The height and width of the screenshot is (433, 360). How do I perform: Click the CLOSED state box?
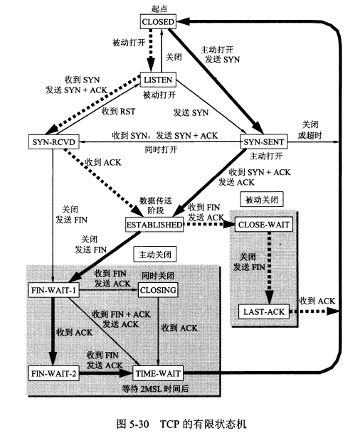(x=158, y=22)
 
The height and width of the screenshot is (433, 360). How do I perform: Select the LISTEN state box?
(x=158, y=80)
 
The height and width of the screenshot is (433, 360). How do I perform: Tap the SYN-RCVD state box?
(x=54, y=142)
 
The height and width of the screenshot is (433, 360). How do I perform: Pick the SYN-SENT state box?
(x=264, y=142)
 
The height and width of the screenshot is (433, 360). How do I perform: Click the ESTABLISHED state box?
(x=154, y=225)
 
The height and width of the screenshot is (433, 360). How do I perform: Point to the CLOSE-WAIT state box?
(x=263, y=225)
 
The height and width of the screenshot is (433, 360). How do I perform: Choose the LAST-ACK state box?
(x=264, y=311)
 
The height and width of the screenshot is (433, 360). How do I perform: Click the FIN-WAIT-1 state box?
(x=53, y=290)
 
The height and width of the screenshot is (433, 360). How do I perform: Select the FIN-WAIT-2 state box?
(x=53, y=373)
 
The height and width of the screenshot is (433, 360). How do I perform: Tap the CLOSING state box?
(x=158, y=290)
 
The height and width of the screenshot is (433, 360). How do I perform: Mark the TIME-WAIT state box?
(x=158, y=373)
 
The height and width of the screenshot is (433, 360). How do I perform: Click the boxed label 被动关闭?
(x=262, y=200)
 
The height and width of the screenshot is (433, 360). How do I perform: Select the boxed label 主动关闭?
(x=154, y=255)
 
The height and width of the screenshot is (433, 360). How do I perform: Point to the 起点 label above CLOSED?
(x=159, y=9)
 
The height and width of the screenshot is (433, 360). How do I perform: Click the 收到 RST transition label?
(x=119, y=112)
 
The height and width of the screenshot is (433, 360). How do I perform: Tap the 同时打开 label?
(x=161, y=150)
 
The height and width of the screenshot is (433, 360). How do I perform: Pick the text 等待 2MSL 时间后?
(x=155, y=389)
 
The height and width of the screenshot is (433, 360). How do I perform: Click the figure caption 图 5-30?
(x=132, y=424)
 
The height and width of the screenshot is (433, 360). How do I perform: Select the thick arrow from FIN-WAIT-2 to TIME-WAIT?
(x=106, y=373)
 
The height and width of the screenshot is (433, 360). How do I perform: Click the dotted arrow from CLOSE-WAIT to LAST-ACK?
(x=269, y=268)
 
